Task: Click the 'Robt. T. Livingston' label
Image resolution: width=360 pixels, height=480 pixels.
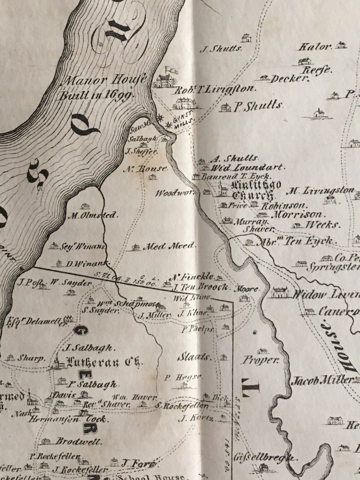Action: [215, 90]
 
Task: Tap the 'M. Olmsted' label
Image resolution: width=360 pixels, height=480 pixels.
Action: [92, 215]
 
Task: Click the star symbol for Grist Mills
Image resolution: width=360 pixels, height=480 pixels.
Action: [160, 116]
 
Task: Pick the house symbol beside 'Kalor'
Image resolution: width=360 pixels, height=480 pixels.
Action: [341, 45]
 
